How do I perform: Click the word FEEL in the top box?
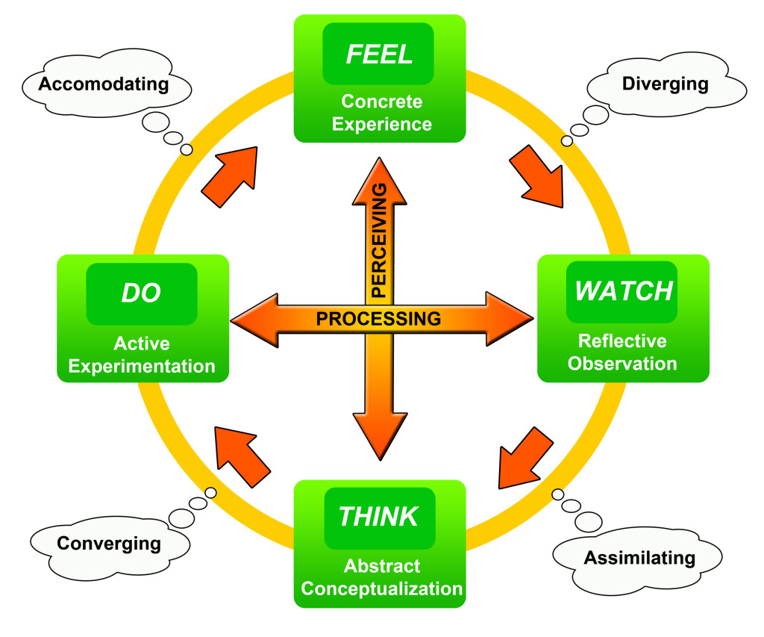(x=379, y=55)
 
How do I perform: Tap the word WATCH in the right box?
(x=624, y=290)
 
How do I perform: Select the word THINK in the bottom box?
(x=379, y=515)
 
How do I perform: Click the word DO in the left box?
(x=141, y=292)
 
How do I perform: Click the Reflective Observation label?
(x=622, y=352)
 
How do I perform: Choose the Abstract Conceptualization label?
(x=382, y=577)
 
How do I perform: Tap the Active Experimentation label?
(x=142, y=355)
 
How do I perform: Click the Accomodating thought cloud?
(x=104, y=84)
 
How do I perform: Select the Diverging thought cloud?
(x=665, y=84)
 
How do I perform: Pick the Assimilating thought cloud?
(x=639, y=557)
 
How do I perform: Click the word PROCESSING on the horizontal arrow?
(x=378, y=319)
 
